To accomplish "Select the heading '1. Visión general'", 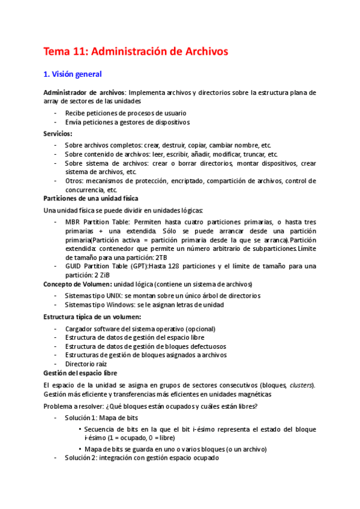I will (x=73, y=74).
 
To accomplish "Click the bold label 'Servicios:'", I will (x=58, y=133).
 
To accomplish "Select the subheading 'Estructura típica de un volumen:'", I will (x=92, y=316).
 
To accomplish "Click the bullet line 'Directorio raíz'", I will (x=86, y=364).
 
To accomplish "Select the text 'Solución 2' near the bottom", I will (x=81, y=458).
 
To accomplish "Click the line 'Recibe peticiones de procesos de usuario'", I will (x=125, y=113).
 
